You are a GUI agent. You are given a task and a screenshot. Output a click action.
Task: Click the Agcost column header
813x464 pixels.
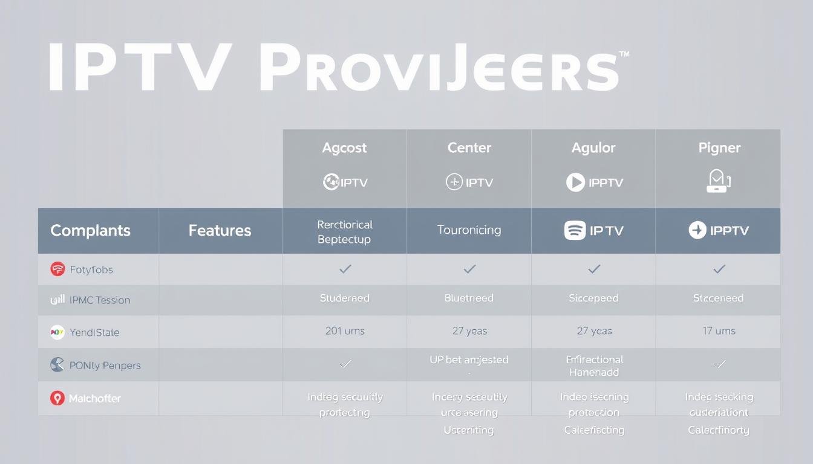pyautogui.click(x=344, y=148)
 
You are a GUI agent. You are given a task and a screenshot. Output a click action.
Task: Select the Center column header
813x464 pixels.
pyautogui.click(x=469, y=148)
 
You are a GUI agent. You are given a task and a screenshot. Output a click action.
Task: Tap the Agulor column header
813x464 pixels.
pyautogui.click(x=593, y=148)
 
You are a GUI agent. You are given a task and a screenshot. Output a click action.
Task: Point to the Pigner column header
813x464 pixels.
pyautogui.click(x=719, y=148)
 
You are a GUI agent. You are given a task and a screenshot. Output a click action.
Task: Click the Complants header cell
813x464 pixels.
pyautogui.click(x=90, y=230)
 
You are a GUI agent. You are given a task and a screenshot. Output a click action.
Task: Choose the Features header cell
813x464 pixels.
pyautogui.click(x=220, y=230)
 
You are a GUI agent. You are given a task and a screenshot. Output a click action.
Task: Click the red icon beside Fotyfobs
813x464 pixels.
pyautogui.click(x=57, y=269)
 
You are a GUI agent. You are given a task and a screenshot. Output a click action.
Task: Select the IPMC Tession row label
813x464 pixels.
pyautogui.click(x=100, y=300)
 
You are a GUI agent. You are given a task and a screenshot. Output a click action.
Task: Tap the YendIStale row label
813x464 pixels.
pyautogui.click(x=94, y=332)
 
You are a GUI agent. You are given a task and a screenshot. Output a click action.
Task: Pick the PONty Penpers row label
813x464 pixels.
pyautogui.click(x=105, y=366)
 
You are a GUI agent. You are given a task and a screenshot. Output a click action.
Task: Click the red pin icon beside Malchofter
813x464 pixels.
pyautogui.click(x=57, y=398)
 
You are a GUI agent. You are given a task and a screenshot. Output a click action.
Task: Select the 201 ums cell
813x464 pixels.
pyautogui.click(x=345, y=331)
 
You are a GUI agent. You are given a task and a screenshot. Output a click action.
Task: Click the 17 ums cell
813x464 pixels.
pyautogui.click(x=719, y=331)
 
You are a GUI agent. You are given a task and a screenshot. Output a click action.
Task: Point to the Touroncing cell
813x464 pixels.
pyautogui.click(x=469, y=230)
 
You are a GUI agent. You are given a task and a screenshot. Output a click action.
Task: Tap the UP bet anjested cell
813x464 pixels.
pyautogui.click(x=469, y=360)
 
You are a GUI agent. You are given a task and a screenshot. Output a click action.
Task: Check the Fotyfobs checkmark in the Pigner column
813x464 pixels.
pyautogui.click(x=719, y=269)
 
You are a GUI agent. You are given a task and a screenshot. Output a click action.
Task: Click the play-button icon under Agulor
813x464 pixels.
pyautogui.click(x=575, y=182)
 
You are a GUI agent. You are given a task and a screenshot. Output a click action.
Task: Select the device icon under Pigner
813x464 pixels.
pyautogui.click(x=718, y=181)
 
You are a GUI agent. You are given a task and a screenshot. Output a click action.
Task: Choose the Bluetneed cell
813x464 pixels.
pyautogui.click(x=469, y=298)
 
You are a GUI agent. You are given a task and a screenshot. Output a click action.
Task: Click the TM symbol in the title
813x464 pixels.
pyautogui.click(x=624, y=54)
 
